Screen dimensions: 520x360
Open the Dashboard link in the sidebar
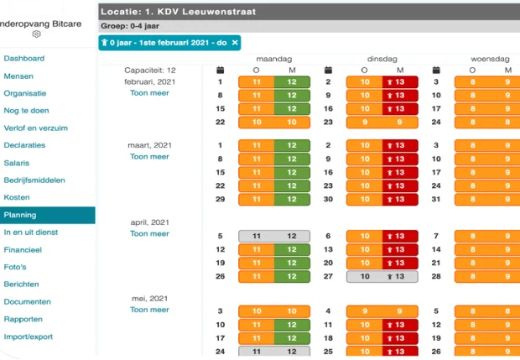[23, 59]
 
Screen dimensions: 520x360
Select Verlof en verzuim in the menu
[35, 128]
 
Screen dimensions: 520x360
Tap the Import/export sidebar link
[29, 337]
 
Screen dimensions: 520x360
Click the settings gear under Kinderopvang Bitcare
[36, 34]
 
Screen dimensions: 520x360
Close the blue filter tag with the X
[235, 43]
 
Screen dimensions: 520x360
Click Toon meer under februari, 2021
[149, 93]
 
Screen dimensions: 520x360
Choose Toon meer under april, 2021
[149, 233]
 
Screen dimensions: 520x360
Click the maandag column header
[274, 59]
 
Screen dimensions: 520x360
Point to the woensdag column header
[490, 59]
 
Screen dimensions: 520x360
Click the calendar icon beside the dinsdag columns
[328, 70]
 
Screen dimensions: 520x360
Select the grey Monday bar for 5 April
[274, 237]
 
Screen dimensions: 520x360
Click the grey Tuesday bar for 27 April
[382, 276]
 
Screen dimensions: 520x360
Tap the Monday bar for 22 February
[274, 123]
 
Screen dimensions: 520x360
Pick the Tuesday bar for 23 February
[382, 123]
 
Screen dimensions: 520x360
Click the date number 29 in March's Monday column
[221, 199]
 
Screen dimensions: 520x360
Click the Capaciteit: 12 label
[150, 70]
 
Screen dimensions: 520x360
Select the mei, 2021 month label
[149, 299]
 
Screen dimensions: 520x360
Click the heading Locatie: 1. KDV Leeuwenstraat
[179, 12]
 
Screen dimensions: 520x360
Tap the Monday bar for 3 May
[274, 311]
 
